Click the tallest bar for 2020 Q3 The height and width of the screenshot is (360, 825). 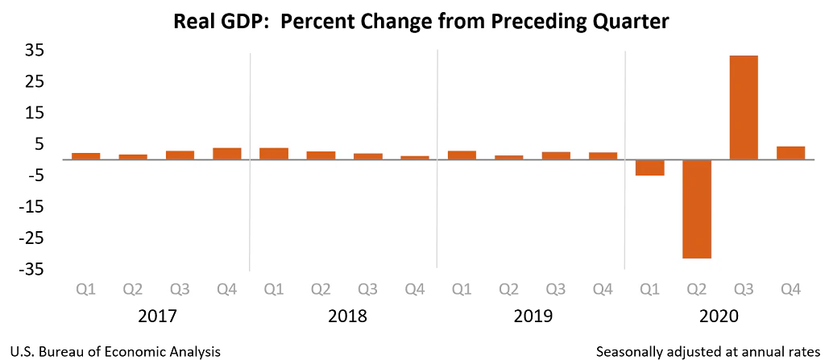tap(743, 107)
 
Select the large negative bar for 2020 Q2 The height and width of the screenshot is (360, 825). tap(696, 209)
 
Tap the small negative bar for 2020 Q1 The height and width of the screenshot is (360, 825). tap(649, 168)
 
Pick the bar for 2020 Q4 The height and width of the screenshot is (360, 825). tap(790, 153)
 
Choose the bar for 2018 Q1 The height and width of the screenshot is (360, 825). tap(273, 154)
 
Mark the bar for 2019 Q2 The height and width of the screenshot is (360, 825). tap(508, 157)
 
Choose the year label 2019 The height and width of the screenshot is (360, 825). tap(533, 316)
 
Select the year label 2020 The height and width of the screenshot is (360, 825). tap(719, 316)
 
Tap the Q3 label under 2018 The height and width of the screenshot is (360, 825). tap(367, 288)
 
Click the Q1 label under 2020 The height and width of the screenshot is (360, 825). tap(649, 288)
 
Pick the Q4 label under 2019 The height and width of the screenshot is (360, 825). tap(602, 288)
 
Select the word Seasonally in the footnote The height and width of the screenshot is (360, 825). tap(631, 352)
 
